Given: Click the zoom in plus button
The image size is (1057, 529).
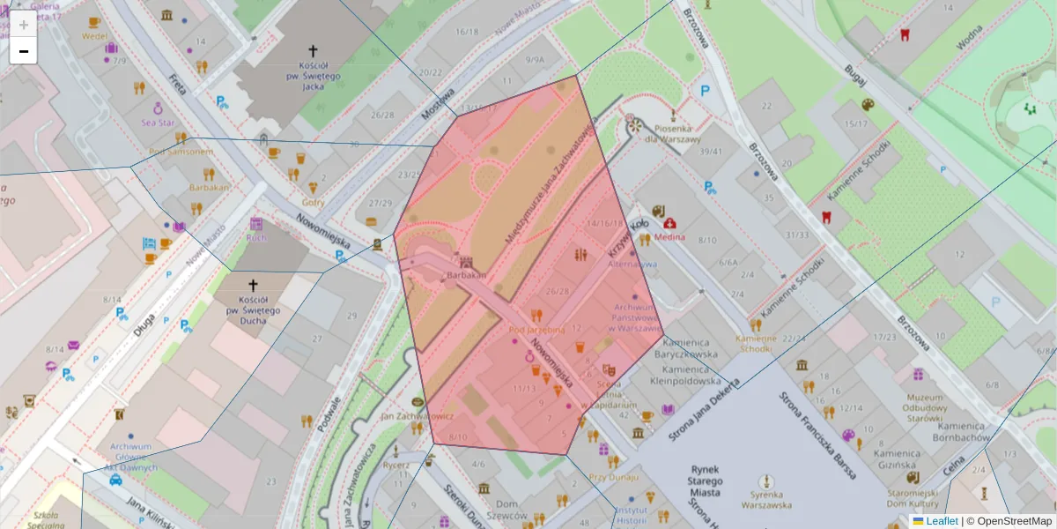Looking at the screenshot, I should click(x=24, y=25).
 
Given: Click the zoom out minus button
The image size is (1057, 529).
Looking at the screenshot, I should click(x=24, y=51).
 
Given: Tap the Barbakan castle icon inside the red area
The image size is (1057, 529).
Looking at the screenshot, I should click(x=467, y=262).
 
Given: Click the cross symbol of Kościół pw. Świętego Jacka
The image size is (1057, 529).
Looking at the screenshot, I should click(x=313, y=53).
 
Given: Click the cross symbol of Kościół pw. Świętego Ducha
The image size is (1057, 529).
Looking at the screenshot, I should click(x=254, y=286).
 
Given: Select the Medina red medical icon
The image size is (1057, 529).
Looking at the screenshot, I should click(x=670, y=224).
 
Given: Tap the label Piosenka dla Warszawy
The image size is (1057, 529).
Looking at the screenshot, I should click(x=672, y=134).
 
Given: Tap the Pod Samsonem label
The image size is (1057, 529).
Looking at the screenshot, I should click(x=181, y=152).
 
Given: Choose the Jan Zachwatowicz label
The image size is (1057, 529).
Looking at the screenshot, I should click(x=417, y=414).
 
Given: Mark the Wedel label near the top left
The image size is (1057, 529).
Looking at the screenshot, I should click(x=94, y=37).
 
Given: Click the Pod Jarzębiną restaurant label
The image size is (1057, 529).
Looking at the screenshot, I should click(x=536, y=329).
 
